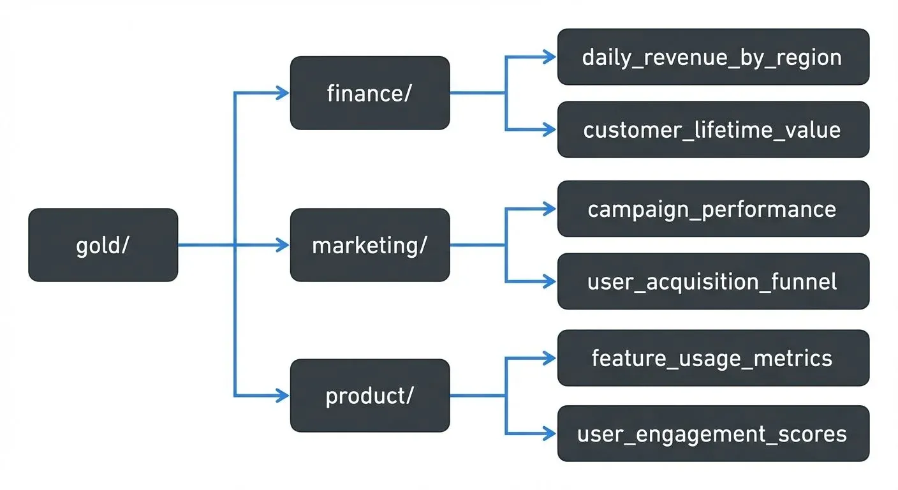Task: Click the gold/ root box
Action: pyautogui.click(x=103, y=245)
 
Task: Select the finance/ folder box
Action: pyautogui.click(x=370, y=93)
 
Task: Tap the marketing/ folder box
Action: pyautogui.click(x=370, y=245)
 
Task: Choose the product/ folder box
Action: pyautogui.click(x=370, y=396)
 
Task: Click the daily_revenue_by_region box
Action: pyautogui.click(x=713, y=57)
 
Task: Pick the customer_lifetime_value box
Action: pyautogui.click(x=713, y=130)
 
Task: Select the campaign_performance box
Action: pyautogui.click(x=713, y=209)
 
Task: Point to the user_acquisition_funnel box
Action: pyautogui.click(x=713, y=281)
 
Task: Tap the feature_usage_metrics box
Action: pyautogui.click(x=713, y=358)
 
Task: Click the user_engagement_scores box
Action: pyautogui.click(x=713, y=434)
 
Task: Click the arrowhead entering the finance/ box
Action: pyautogui.click(x=283, y=93)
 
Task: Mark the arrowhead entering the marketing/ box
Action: pyautogui.click(x=283, y=245)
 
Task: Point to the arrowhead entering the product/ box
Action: pyautogui.click(x=283, y=396)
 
